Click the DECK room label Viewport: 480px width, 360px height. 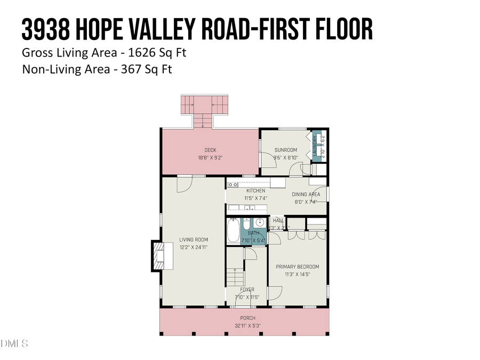click(210, 150)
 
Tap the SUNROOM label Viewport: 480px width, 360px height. click(286, 150)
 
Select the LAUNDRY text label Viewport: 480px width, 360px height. click(316, 146)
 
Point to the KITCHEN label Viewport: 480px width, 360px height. click(255, 191)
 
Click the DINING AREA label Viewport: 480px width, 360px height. click(306, 195)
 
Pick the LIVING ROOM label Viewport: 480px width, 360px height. click(193, 240)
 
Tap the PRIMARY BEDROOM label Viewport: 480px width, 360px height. click(297, 267)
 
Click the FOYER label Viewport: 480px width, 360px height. click(247, 290)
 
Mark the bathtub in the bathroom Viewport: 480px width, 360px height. click(234, 230)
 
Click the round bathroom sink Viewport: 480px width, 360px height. click(260, 222)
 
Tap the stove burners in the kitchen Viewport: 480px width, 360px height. click(233, 185)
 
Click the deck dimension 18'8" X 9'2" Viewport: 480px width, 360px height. click(210, 158)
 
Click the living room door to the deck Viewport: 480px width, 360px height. click(183, 183)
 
